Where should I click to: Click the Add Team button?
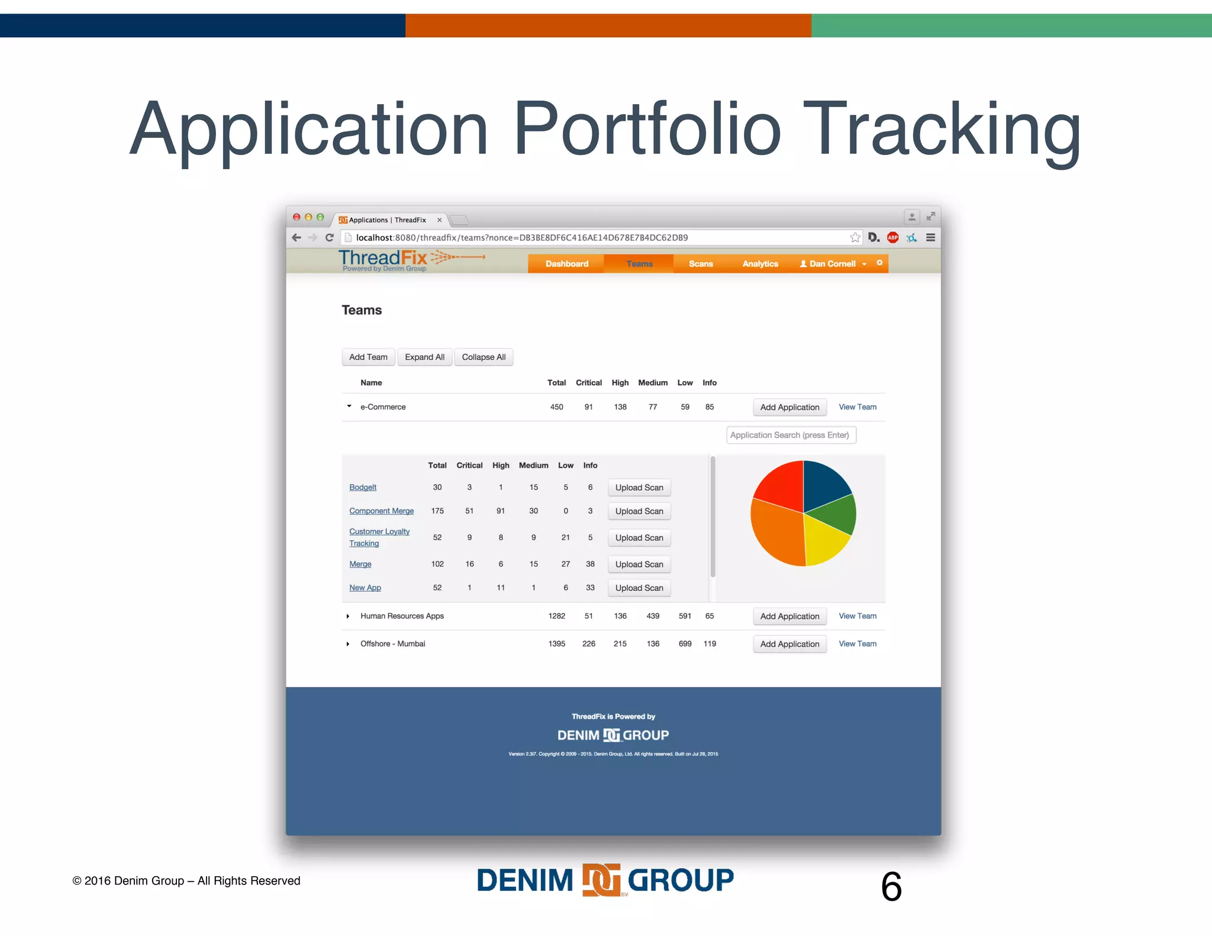(368, 357)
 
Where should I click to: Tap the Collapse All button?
(483, 357)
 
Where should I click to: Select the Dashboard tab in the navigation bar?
(566, 264)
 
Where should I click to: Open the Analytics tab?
(760, 264)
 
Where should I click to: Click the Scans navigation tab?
(701, 264)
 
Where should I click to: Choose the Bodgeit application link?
(363, 488)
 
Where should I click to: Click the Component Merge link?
(381, 511)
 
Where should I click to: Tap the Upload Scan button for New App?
(639, 588)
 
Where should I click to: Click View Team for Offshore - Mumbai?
(858, 644)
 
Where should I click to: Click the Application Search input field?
(791, 435)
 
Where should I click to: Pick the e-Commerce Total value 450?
(557, 407)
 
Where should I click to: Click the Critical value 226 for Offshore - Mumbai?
(589, 644)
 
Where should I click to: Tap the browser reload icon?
(330, 238)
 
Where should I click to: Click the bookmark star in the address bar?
(855, 238)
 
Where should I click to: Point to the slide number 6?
(891, 886)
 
